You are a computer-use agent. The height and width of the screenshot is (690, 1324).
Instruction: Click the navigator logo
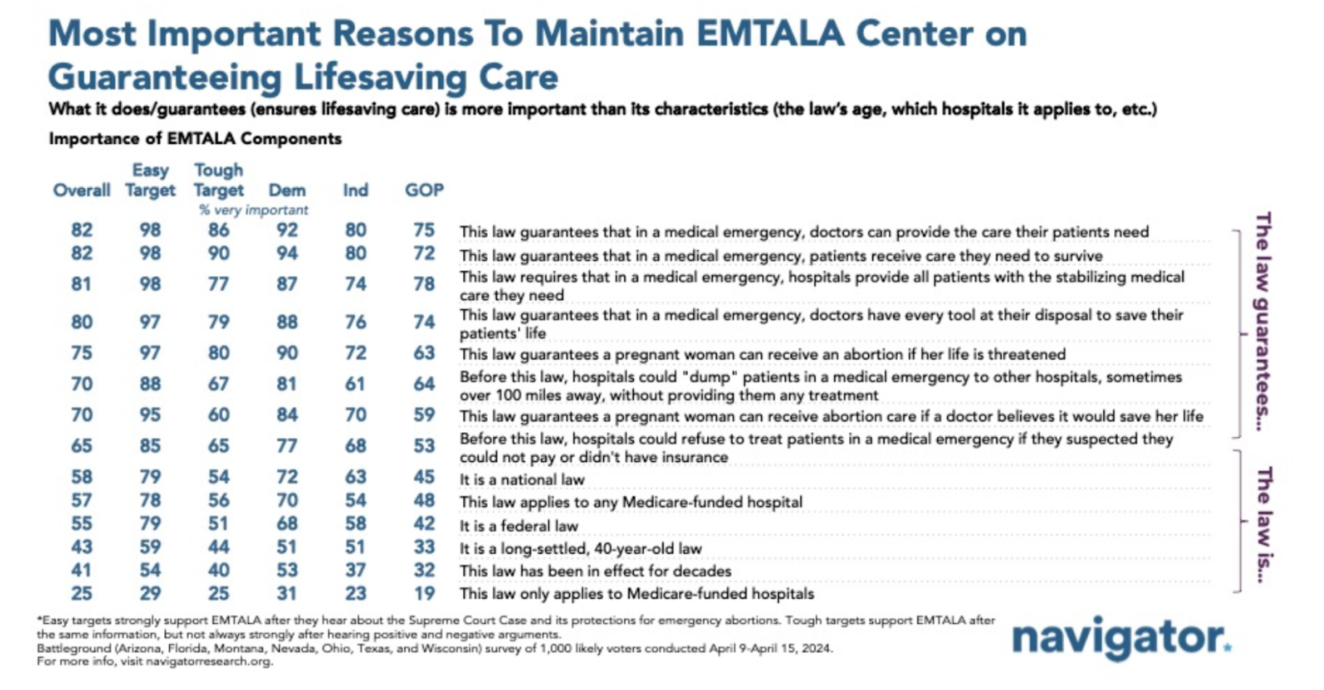tap(1120, 638)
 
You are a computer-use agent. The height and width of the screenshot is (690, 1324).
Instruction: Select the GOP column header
tap(424, 190)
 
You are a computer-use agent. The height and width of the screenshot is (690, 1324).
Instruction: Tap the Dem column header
tap(287, 190)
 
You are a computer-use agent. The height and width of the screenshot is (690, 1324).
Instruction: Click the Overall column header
tap(81, 190)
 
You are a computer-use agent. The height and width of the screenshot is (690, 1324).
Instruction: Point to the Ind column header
tap(355, 190)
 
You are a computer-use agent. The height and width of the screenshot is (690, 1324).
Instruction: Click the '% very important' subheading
tap(253, 210)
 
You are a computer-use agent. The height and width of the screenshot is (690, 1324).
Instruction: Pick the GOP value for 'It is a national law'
tap(424, 476)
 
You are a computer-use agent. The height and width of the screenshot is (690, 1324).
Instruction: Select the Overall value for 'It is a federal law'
tap(81, 524)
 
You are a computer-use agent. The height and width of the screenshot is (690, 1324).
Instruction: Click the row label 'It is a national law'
tap(522, 479)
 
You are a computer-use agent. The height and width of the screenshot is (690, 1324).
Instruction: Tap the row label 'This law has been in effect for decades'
tap(595, 571)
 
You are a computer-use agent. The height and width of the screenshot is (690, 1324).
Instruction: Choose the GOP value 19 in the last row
tap(424, 593)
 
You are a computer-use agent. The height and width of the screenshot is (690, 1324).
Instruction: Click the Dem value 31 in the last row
tap(287, 593)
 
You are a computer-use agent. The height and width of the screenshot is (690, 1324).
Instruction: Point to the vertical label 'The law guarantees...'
tap(1264, 322)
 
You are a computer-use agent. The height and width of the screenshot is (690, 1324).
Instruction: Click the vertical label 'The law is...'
tap(1264, 524)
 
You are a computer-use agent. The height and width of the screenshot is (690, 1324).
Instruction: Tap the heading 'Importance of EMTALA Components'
tap(195, 139)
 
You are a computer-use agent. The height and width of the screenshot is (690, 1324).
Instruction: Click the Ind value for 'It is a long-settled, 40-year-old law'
tap(355, 547)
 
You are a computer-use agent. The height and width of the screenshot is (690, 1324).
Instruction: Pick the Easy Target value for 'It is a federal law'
tap(150, 524)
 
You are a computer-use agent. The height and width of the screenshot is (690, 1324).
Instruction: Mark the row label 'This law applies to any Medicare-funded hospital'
tap(631, 503)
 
